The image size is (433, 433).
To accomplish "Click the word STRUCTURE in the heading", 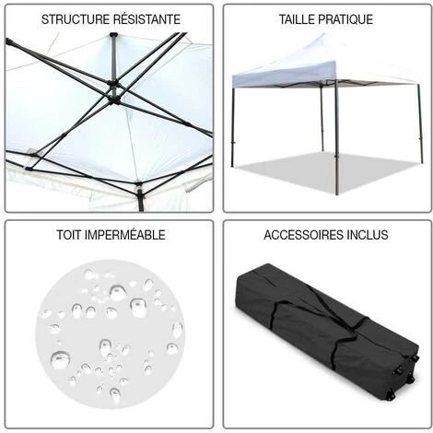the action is [76, 19].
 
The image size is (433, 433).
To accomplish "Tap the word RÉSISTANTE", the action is [146, 18].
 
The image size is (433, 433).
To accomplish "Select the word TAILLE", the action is [297, 19].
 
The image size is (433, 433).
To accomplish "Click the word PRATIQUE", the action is [345, 19].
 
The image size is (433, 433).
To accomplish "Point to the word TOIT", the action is [69, 235].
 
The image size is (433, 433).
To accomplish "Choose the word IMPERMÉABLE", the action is [124, 235].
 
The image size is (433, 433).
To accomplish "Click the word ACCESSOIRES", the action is [303, 235].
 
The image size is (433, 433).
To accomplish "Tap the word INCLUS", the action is [368, 235].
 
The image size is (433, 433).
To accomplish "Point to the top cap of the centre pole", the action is [113, 34].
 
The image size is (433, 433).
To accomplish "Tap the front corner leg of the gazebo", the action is [337, 137].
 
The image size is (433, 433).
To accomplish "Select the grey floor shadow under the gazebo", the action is [325, 172].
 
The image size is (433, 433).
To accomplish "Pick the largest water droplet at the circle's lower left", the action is [60, 359].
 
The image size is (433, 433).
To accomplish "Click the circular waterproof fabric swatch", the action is [110, 334].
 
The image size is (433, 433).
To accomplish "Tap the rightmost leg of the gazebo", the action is [420, 123].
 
